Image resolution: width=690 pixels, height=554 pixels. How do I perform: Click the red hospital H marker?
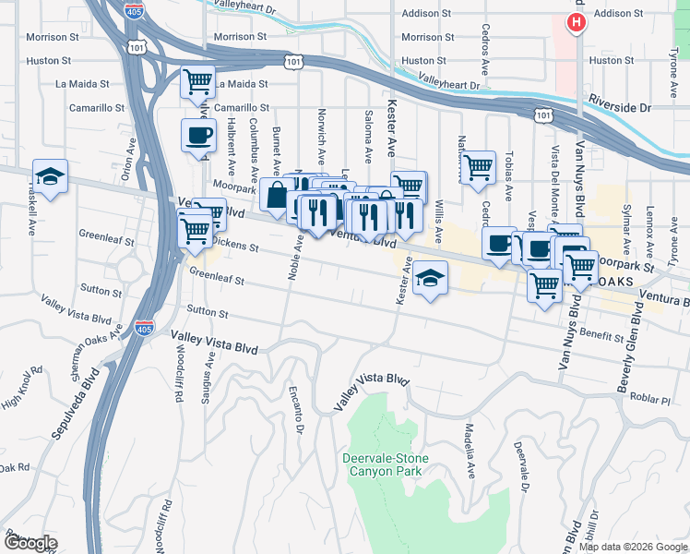click(x=577, y=22)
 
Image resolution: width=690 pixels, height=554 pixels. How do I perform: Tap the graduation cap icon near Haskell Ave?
click(x=51, y=175)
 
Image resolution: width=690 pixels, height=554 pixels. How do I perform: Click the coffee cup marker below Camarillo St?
click(x=197, y=136)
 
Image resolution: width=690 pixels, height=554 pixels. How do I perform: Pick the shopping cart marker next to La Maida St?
click(x=197, y=82)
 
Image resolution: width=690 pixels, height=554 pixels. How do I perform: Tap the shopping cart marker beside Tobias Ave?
click(x=478, y=168)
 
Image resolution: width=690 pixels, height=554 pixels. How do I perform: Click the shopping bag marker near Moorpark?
click(x=277, y=195)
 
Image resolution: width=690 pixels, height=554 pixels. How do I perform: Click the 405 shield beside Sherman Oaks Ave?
click(x=143, y=327)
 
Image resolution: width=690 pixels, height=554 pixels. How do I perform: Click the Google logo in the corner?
click(x=30, y=543)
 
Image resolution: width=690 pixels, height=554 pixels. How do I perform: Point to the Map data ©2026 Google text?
click(x=633, y=547)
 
